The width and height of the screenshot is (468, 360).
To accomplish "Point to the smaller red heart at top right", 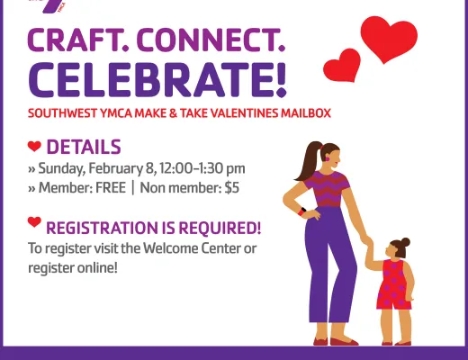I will click(342, 65).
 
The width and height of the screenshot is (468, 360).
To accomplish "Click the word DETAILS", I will click(83, 148).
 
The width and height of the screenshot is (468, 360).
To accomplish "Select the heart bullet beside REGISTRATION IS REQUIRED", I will click(34, 222).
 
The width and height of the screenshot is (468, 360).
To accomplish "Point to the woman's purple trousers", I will click(322, 270).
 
